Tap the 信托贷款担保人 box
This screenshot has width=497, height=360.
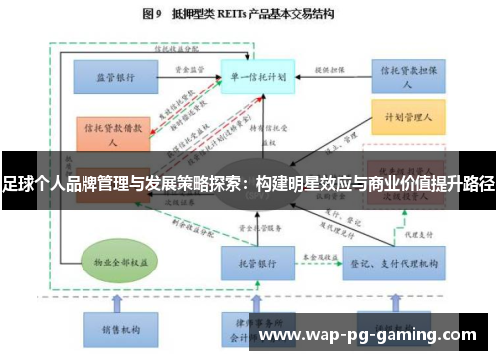click(406, 75)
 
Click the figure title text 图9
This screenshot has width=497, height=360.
click(152, 14)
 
